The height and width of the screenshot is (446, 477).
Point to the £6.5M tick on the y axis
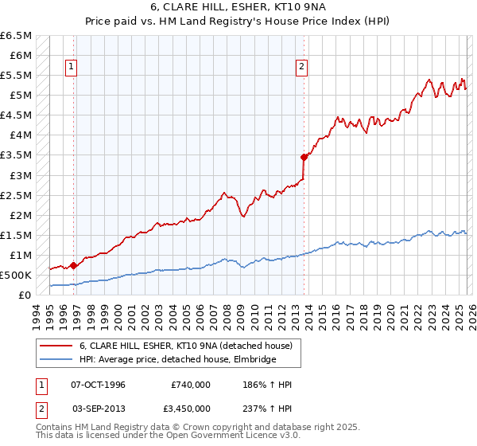pyautogui.click(x=17, y=36)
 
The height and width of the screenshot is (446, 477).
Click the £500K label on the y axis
pyautogui.click(x=16, y=275)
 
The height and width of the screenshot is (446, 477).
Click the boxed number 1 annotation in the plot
pyautogui.click(x=72, y=68)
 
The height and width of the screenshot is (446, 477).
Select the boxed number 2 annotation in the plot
pyautogui.click(x=302, y=68)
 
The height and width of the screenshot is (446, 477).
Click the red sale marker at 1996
pyautogui.click(x=73, y=265)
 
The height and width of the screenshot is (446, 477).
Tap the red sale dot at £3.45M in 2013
pyautogui.click(x=304, y=157)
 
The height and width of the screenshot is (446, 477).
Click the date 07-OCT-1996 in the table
pyautogui.click(x=104, y=385)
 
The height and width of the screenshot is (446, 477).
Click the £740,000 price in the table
pyautogui.click(x=191, y=385)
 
